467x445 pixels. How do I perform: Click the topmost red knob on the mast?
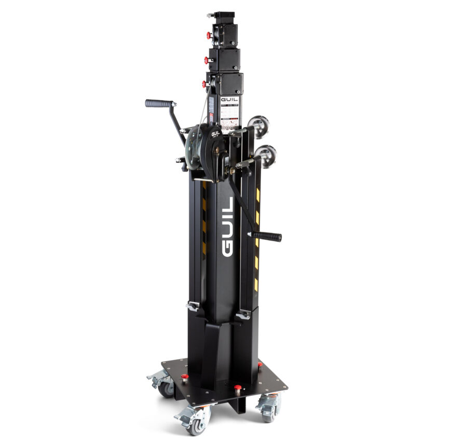point(209,36)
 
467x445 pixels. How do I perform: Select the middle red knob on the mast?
point(207,60)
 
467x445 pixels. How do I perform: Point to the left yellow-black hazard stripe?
point(204,218)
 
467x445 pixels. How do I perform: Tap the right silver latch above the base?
point(243,314)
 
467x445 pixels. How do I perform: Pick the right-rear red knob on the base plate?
point(260,365)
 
